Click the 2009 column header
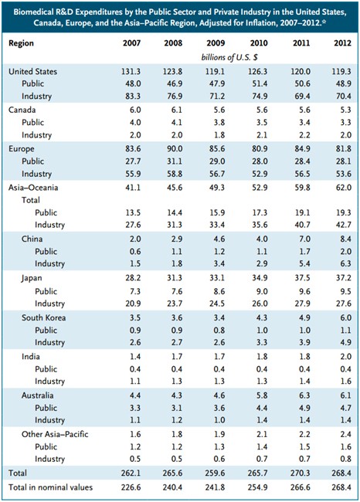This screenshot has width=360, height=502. [x=216, y=43]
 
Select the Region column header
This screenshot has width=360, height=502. [x=21, y=43]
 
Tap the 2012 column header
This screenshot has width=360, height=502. [x=342, y=43]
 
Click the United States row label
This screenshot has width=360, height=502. [x=32, y=71]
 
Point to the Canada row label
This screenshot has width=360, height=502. [x=22, y=110]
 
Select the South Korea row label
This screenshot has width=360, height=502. [x=43, y=317]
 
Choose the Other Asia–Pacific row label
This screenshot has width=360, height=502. [x=55, y=434]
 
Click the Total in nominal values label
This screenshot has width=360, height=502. [x=51, y=487]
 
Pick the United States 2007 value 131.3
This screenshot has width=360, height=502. [x=131, y=71]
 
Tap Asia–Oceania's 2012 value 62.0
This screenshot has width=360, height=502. [x=342, y=188]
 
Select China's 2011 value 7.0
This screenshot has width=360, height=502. [x=303, y=239]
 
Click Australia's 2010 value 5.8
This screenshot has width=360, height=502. [x=261, y=395]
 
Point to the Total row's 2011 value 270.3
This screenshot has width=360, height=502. [x=301, y=473]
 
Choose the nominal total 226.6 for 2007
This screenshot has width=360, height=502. [x=131, y=487]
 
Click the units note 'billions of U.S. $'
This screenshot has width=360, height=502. [x=229, y=57]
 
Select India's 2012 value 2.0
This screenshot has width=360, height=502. [x=346, y=357]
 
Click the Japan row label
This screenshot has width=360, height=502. [x=32, y=278]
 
